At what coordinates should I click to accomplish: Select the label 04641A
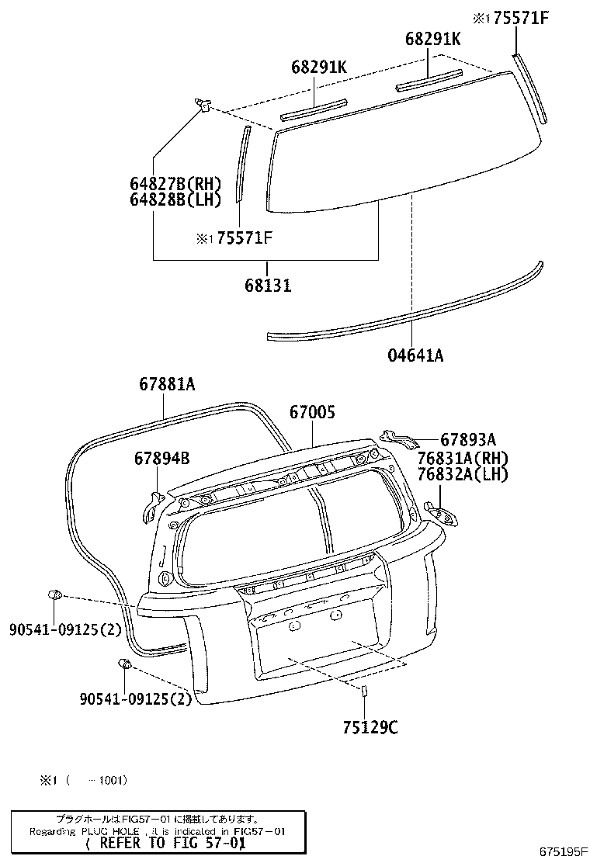point(415,355)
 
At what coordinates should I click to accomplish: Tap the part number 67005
point(312,414)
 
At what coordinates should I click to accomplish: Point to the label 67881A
point(167,383)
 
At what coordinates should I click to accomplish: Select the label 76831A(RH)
point(461,458)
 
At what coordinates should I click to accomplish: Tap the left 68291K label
point(318,68)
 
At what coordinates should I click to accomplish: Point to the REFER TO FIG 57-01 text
point(165,843)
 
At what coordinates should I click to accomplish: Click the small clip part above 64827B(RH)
point(205,103)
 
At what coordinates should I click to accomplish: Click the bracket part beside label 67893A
point(398,437)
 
